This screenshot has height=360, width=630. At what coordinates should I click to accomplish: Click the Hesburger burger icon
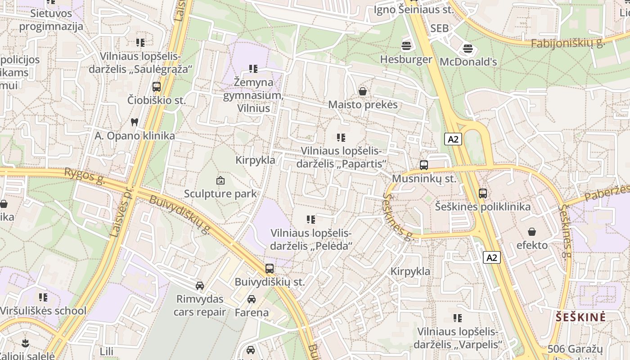click(x=406, y=45)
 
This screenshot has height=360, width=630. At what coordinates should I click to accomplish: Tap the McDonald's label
click(x=468, y=62)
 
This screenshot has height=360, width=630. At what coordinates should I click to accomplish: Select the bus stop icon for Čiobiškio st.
click(x=156, y=87)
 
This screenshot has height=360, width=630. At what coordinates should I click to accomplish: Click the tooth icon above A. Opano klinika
click(x=134, y=122)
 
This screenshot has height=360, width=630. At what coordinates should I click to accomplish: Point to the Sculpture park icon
click(x=220, y=180)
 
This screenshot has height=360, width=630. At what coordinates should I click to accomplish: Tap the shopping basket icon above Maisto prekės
click(x=363, y=91)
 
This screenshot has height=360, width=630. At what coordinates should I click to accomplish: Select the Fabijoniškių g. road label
click(x=567, y=43)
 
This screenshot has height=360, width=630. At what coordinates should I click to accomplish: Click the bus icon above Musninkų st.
click(x=423, y=165)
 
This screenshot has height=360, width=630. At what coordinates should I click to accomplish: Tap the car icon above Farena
click(x=252, y=299)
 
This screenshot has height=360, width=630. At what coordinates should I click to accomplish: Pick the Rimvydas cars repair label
click(x=200, y=305)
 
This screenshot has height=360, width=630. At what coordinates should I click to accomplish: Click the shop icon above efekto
click(x=532, y=232)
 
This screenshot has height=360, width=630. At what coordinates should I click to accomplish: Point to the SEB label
click(x=439, y=28)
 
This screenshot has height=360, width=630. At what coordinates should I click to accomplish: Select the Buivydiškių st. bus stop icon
click(x=269, y=269)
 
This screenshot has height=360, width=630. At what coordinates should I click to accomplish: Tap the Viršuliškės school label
click(x=43, y=310)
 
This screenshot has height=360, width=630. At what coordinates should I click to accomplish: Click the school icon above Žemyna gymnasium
click(x=253, y=69)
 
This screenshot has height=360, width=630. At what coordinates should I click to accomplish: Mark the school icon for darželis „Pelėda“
click(x=311, y=220)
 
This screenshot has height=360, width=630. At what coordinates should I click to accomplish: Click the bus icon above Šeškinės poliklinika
click(x=483, y=193)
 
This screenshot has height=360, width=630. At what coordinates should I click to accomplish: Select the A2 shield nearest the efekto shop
click(x=492, y=257)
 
